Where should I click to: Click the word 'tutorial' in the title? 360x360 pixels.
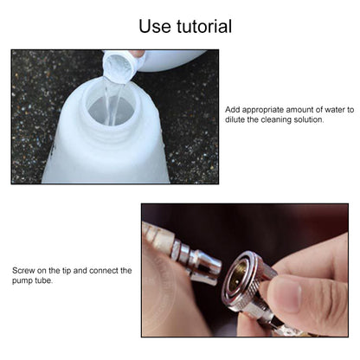[x=199, y=27]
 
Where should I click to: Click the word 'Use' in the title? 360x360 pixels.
[x=145, y=27]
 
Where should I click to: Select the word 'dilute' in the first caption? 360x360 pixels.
[x=236, y=120]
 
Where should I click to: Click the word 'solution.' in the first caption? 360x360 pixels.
[x=306, y=120]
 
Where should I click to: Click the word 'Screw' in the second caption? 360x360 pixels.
[x=23, y=271]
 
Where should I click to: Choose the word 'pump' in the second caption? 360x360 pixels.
[x=22, y=280]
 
